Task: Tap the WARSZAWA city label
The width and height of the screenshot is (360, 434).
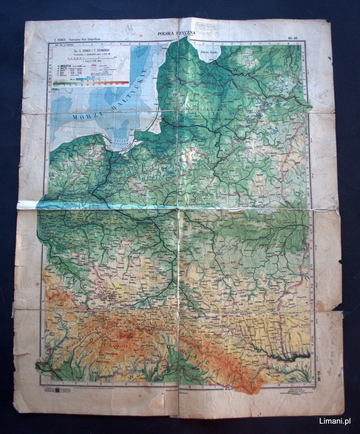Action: (146, 222)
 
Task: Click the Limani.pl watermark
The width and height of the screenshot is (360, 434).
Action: (335, 421)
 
